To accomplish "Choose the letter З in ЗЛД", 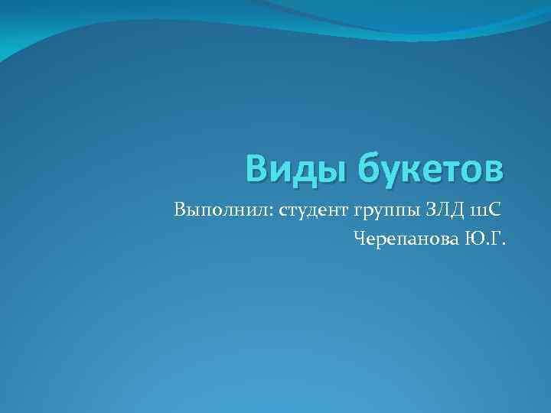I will tap(431, 209).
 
